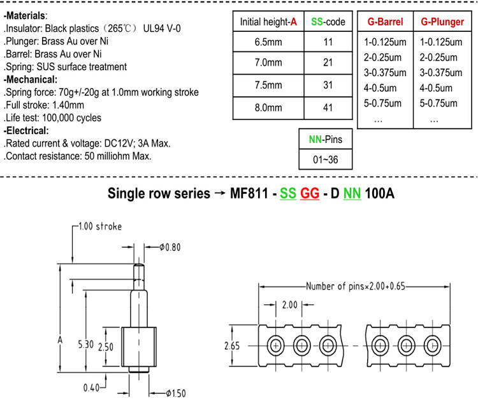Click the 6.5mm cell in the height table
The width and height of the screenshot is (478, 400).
point(268,42)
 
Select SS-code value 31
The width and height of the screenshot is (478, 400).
point(328,85)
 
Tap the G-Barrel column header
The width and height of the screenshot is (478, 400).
point(385,22)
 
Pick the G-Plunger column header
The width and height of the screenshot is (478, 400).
point(442,22)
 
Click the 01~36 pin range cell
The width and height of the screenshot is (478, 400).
point(325,159)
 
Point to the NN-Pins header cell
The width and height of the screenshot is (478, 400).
point(325,140)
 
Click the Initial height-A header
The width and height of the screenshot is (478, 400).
point(268,22)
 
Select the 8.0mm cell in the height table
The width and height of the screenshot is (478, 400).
point(268,107)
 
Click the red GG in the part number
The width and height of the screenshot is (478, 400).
point(310,193)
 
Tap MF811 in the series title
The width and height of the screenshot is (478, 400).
point(249,193)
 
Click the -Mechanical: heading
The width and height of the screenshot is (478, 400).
point(31,80)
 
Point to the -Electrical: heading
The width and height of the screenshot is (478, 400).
point(26,131)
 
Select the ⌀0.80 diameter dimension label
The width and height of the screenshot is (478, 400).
point(170,247)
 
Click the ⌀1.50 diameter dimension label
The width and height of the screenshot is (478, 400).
point(176,393)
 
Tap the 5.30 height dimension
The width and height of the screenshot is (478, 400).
point(85,344)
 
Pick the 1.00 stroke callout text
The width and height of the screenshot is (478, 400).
point(100,226)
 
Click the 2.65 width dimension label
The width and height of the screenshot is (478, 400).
point(232,346)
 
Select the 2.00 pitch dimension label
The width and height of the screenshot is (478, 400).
point(289,304)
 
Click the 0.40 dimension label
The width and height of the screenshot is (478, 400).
point(91,388)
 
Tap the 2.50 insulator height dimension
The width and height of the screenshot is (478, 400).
point(105,347)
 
